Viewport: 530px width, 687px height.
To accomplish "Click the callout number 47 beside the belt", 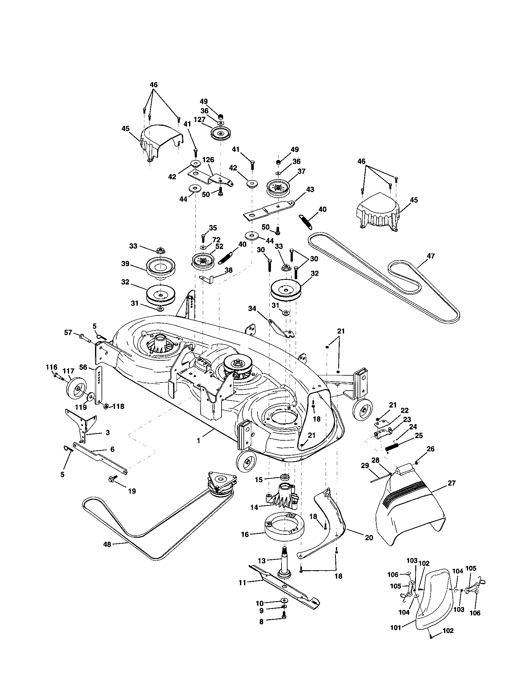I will coord(431,256).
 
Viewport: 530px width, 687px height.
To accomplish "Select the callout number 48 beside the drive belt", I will coord(107,544).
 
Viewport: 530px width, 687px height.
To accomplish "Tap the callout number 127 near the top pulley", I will coord(200,120).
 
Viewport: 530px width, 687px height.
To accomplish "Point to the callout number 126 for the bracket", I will coord(208,160).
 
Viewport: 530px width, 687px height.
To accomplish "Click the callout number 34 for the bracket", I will coord(252,309).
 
